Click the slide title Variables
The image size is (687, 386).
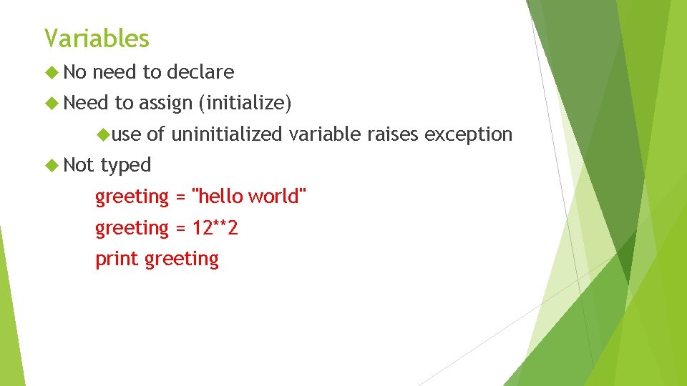[97, 38]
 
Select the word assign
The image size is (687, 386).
[165, 104]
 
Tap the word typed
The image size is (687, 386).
[126, 165]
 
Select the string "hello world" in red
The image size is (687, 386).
[250, 197]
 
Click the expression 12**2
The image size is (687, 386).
[215, 229]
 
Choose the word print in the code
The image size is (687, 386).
[117, 259]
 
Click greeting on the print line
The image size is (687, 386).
[182, 259]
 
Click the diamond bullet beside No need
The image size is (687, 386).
[50, 72]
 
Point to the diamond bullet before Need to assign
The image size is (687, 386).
[50, 104]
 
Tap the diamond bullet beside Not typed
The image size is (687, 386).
[50, 165]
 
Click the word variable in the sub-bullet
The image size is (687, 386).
[326, 134]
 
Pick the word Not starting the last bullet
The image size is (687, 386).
[79, 165]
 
